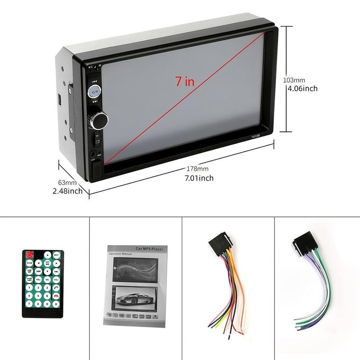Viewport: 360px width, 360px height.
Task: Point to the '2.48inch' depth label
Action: click(x=67, y=191)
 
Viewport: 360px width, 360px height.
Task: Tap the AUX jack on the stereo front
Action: click(x=93, y=154)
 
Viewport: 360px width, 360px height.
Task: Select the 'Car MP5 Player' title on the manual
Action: click(x=151, y=248)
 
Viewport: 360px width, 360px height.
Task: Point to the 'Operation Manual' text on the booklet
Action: click(x=121, y=254)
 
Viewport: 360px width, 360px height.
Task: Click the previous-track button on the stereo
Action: click(x=94, y=81)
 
